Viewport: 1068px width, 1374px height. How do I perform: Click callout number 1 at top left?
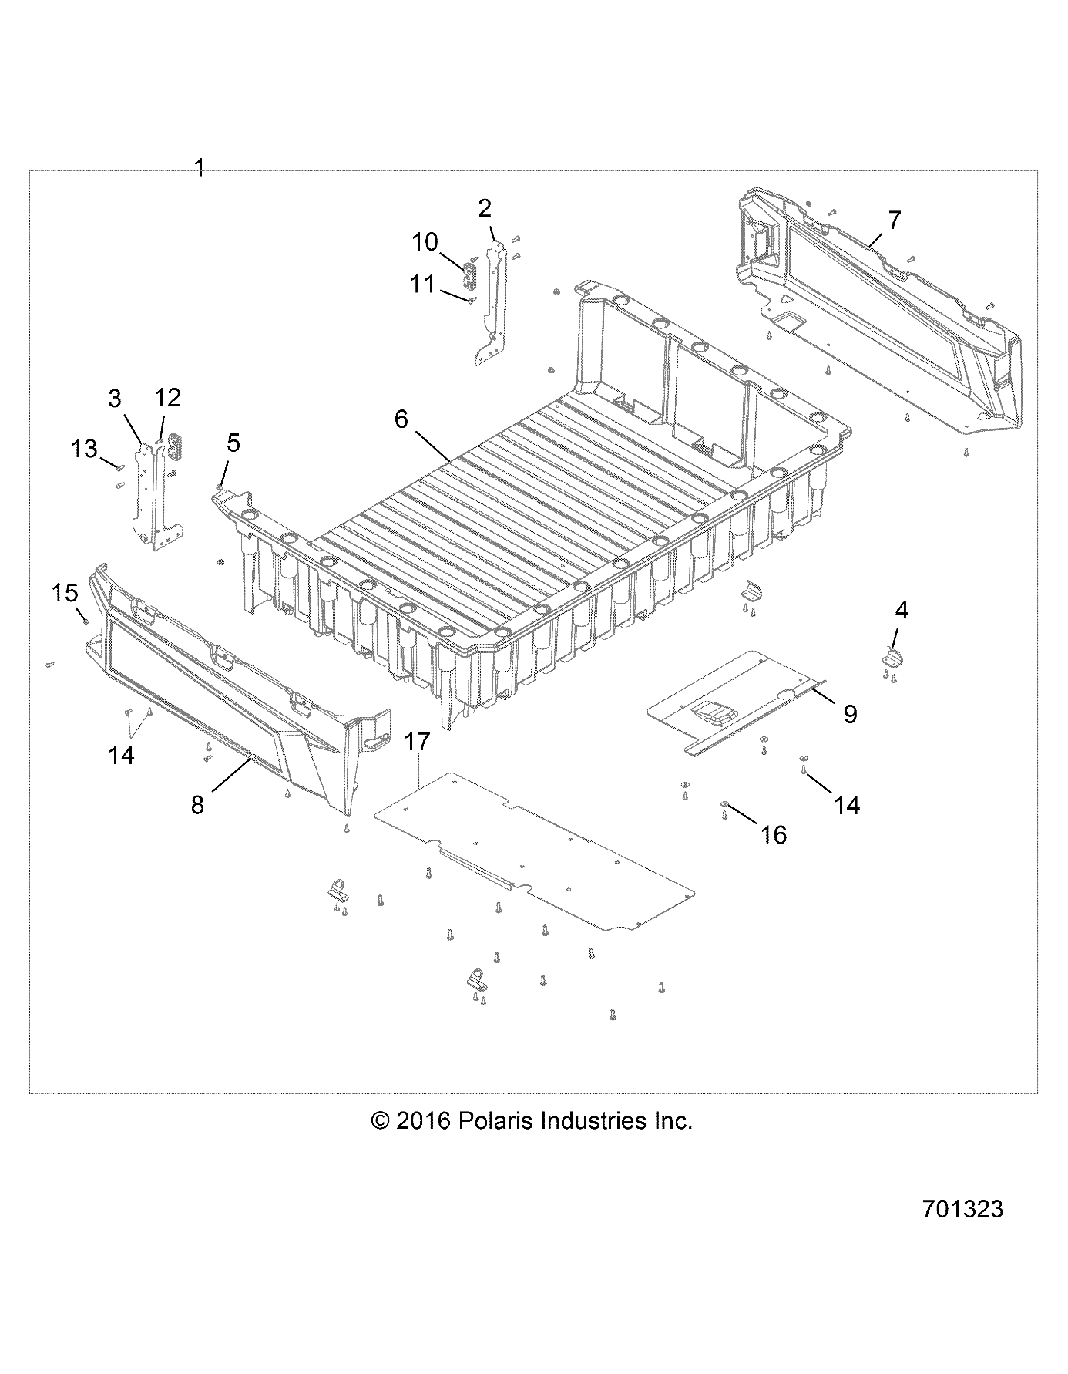[x=200, y=168]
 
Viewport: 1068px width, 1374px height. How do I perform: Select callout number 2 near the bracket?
[x=485, y=208]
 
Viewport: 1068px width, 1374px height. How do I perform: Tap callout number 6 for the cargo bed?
[x=401, y=419]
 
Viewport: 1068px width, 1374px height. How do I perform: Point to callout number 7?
[x=893, y=220]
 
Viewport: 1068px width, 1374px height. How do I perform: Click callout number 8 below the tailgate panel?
[x=198, y=805]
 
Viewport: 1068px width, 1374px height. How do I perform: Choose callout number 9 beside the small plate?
[x=850, y=714]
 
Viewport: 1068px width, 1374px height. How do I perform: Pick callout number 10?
[x=425, y=242]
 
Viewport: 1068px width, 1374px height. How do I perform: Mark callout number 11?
[x=422, y=284]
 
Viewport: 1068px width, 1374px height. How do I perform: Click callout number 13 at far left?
[x=86, y=448]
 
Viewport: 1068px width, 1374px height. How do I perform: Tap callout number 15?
[x=65, y=593]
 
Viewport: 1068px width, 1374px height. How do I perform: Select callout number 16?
[x=774, y=833]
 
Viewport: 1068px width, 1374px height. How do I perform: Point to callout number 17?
[x=417, y=742]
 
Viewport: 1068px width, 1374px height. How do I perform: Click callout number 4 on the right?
[x=902, y=611]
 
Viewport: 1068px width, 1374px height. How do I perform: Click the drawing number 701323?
[x=962, y=1209]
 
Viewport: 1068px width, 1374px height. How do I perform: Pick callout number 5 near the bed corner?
[x=233, y=443]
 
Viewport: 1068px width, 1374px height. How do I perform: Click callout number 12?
[x=168, y=398]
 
